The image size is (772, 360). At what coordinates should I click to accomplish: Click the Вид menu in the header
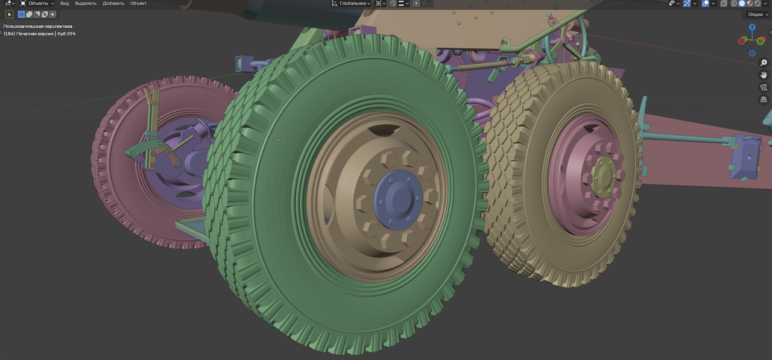coord(65,4)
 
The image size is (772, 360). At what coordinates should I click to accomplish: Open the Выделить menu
coord(86,4)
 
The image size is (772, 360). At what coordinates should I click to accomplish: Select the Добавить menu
coord(113,4)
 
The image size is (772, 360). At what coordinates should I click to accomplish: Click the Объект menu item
coord(138,4)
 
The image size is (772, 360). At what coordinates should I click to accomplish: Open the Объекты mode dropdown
coord(37,4)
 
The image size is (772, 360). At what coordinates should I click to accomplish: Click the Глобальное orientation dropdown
coord(351,4)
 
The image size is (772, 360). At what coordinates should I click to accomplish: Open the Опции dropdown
coord(757,14)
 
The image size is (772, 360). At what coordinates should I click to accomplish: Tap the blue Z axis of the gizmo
coord(752,27)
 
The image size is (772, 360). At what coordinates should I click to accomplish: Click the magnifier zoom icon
coord(764,63)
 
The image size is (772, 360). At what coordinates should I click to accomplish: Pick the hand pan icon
coord(764,75)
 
